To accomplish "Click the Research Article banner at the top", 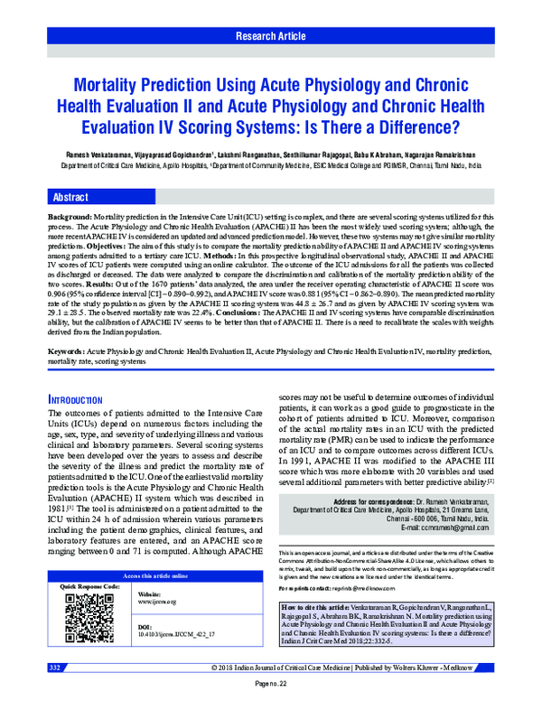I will (x=271, y=36).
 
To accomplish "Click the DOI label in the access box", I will (x=145, y=602).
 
